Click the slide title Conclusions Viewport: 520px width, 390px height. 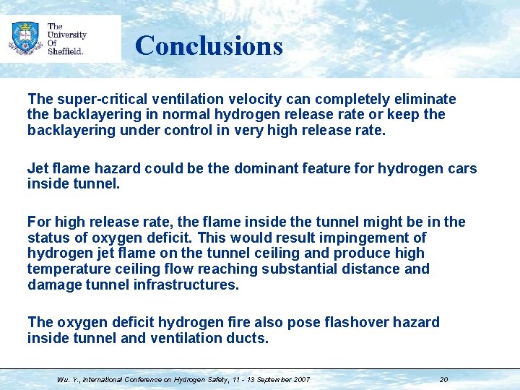click(x=209, y=45)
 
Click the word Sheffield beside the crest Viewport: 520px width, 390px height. click(x=65, y=51)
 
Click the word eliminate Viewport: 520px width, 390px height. click(x=426, y=99)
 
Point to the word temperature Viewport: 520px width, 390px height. click(x=66, y=269)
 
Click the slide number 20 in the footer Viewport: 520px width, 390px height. click(x=443, y=379)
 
